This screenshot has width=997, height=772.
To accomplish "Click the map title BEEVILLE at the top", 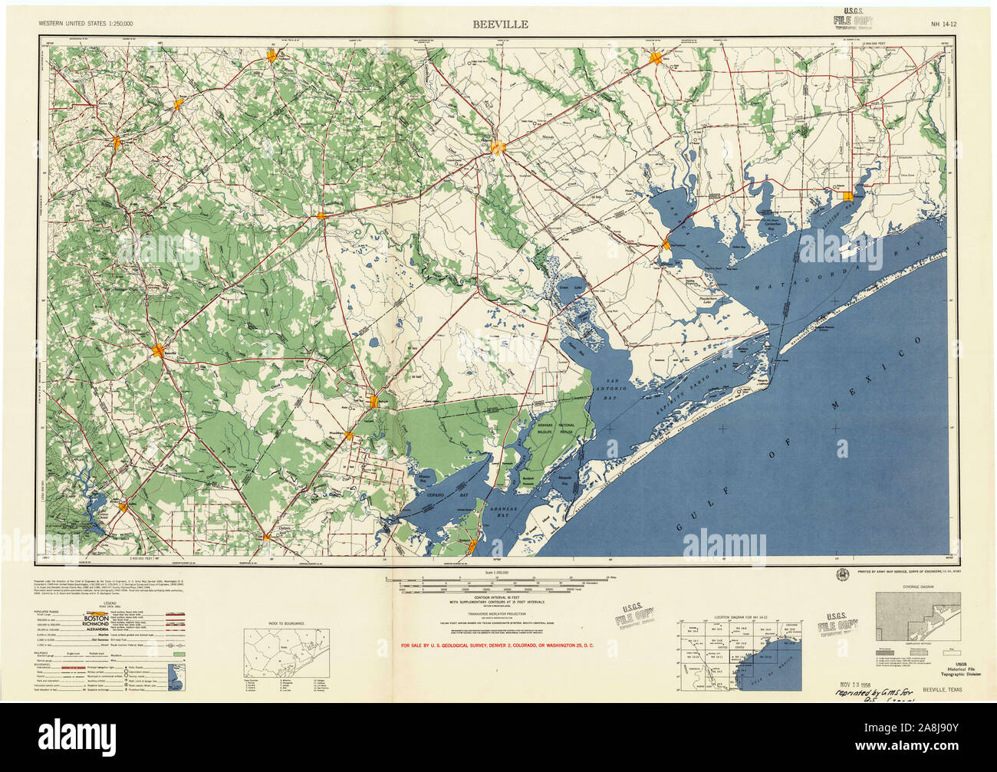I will pyautogui.click(x=499, y=24).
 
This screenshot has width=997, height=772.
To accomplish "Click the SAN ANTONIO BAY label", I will pyautogui.click(x=617, y=386).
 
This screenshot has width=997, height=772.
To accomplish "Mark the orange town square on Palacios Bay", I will pyautogui.click(x=847, y=197).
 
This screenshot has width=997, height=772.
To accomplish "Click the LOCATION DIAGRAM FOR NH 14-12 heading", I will pyautogui.click(x=739, y=616).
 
